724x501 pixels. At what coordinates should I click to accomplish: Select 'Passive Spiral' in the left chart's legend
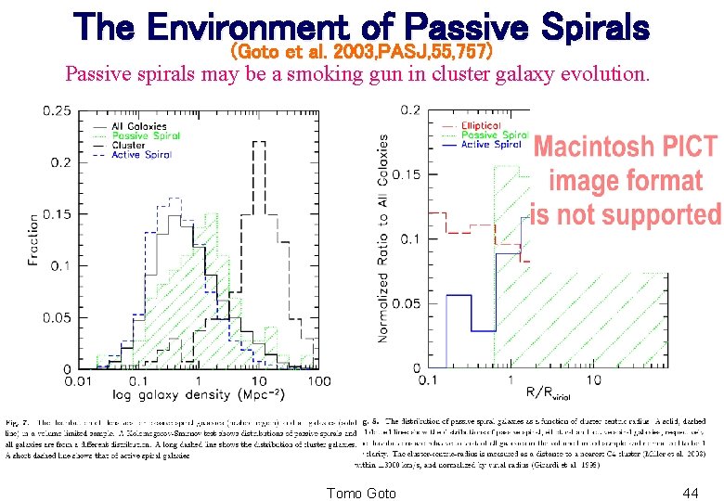pos(145,135)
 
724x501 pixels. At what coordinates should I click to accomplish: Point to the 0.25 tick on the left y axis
pos(57,111)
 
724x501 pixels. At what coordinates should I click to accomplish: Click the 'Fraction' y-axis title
pos(34,239)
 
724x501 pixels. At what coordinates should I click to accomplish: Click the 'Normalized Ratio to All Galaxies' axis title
pos(382,238)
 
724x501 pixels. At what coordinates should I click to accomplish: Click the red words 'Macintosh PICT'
pos(625,147)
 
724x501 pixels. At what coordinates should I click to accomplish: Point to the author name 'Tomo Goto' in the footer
pos(362,493)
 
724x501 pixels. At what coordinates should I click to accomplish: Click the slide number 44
pos(690,493)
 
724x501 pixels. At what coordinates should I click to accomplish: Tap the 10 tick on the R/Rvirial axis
pos(592,380)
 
